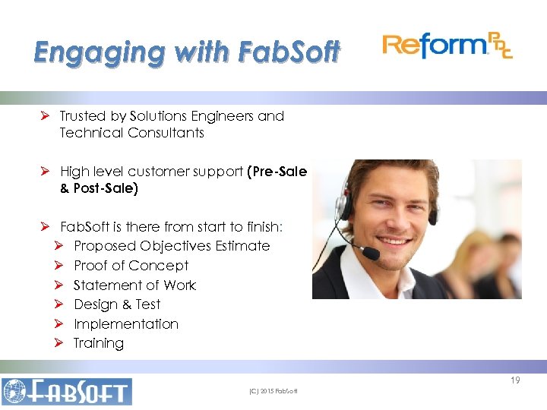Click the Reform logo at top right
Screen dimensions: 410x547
point(447,46)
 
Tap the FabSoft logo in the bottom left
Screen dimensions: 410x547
point(67,391)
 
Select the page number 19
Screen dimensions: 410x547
point(515,380)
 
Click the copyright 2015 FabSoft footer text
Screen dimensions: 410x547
point(273,391)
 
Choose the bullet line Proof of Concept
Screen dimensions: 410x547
point(131,266)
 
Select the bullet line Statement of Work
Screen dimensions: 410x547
point(134,285)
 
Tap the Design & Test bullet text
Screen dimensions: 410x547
point(117,304)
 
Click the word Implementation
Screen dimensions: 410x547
point(126,324)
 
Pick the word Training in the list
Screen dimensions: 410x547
point(99,343)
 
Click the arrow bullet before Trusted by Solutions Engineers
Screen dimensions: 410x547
point(46,116)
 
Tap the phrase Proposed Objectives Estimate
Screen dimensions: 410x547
point(172,246)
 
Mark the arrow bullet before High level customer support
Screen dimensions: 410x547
point(46,172)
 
